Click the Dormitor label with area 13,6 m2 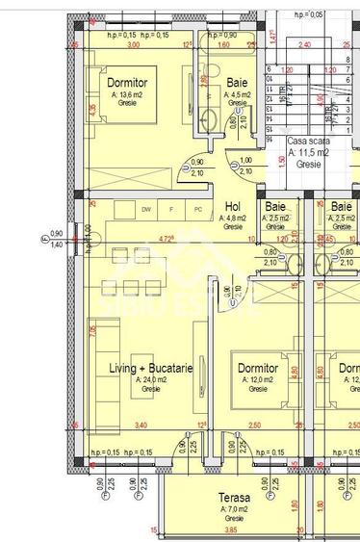pyautogui.click(x=126, y=83)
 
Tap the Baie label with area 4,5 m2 pyautogui.click(x=237, y=83)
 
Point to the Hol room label pyautogui.click(x=232, y=206)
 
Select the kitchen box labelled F pyautogui.click(x=171, y=209)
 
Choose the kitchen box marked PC pyautogui.click(x=197, y=209)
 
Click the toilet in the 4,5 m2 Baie pyautogui.click(x=237, y=114)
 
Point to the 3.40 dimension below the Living pyautogui.click(x=141, y=425)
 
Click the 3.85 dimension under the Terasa pyautogui.click(x=231, y=530)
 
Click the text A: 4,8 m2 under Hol pyautogui.click(x=232, y=218)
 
